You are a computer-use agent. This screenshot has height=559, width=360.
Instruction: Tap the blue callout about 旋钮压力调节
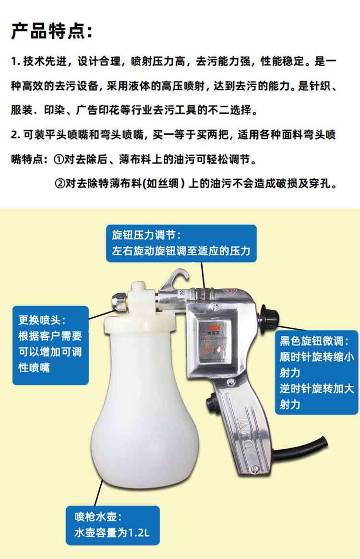181,243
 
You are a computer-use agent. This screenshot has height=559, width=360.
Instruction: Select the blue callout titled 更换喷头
50,345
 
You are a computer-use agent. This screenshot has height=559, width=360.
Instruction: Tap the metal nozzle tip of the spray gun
117,301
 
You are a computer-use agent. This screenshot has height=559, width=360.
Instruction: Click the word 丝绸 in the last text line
172,184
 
